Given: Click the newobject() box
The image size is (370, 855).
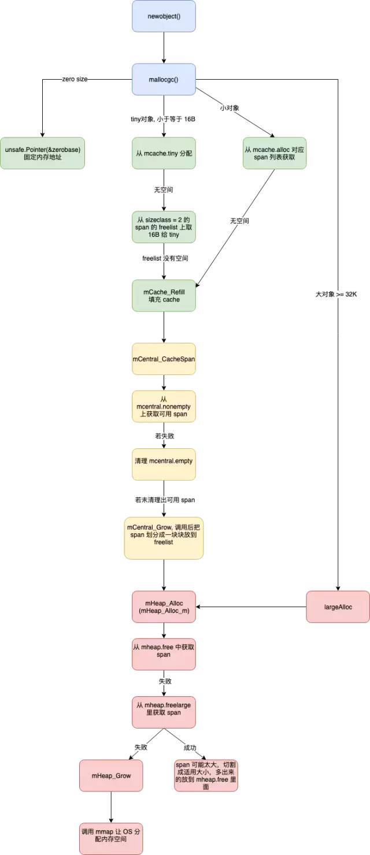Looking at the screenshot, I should [x=164, y=16].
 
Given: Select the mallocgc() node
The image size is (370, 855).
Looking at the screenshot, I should [x=164, y=79].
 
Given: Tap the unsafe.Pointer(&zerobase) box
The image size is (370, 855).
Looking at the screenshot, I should [x=42, y=153].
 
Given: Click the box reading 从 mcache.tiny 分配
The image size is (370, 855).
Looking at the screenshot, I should [x=164, y=153].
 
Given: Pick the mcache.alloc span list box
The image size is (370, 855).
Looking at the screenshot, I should [x=275, y=153].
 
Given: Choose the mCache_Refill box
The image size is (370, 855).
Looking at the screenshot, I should [x=164, y=295].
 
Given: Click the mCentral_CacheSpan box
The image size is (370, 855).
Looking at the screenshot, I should [x=164, y=359].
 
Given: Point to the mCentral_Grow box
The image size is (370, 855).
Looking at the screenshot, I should [x=164, y=538].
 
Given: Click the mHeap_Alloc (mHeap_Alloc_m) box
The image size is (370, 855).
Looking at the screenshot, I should [x=164, y=607].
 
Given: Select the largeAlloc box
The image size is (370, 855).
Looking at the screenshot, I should [x=338, y=607].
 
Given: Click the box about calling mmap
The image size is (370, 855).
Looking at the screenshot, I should [x=111, y=838].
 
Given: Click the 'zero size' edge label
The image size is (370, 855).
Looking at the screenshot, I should [x=75, y=79].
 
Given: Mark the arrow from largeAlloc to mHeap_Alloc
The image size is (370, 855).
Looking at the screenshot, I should [x=251, y=607].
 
